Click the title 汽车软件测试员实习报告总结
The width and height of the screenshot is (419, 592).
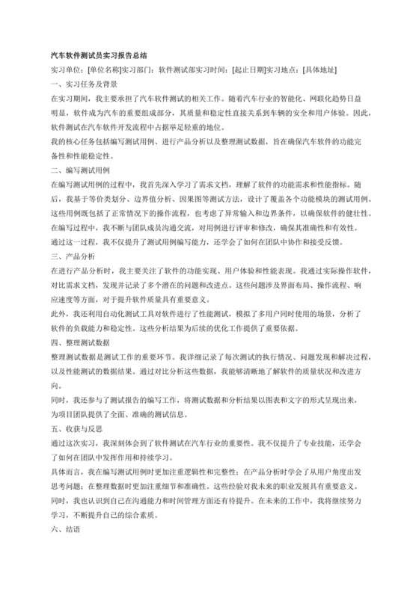pyautogui.click(x=97, y=55)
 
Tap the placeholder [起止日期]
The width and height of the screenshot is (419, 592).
pyautogui.click(x=249, y=70)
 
